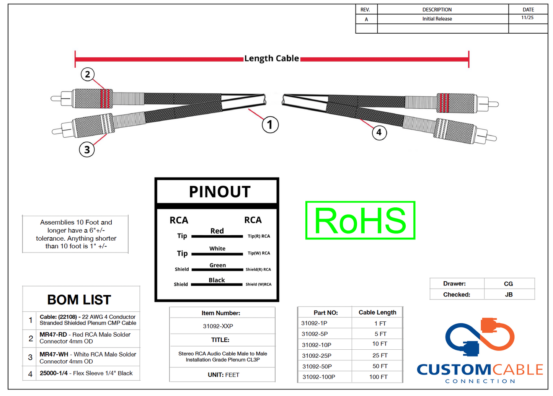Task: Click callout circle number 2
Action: (88, 74)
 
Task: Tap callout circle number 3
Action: (87, 150)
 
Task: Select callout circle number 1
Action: (270, 125)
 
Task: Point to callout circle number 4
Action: (379, 132)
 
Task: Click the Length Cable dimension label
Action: (271, 59)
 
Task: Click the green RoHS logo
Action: (360, 220)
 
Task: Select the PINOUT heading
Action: (220, 192)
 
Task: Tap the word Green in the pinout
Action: (217, 265)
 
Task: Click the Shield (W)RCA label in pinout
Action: (258, 284)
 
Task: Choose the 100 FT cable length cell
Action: (378, 377)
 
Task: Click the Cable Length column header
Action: (377, 312)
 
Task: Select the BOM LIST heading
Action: (79, 300)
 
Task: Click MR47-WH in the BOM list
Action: (54, 354)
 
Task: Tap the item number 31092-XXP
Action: (218, 326)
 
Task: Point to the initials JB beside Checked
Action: (509, 295)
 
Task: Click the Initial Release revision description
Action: (437, 19)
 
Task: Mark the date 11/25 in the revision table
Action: (527, 18)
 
